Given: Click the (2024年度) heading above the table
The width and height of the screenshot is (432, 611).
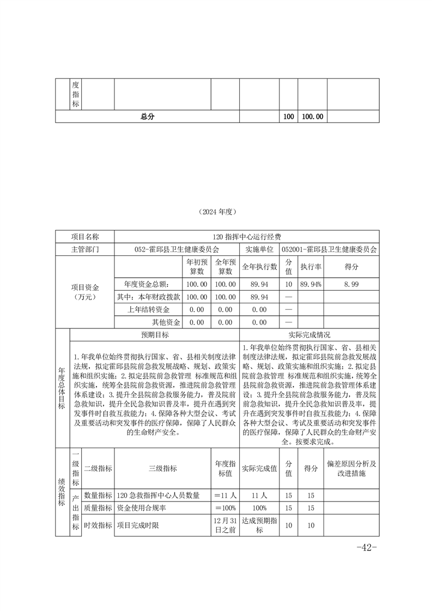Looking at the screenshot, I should pyautogui.click(x=217, y=212).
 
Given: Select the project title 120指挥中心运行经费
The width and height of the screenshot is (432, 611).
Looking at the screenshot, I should pyautogui.click(x=247, y=237).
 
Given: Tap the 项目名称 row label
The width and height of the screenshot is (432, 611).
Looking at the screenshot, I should pyautogui.click(x=85, y=237).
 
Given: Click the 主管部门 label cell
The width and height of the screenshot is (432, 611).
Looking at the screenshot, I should pyautogui.click(x=85, y=249).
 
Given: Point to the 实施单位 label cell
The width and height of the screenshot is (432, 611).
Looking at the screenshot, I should pyautogui.click(x=259, y=249).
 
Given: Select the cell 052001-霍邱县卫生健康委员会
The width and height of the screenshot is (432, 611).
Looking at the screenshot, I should pyautogui.click(x=330, y=249).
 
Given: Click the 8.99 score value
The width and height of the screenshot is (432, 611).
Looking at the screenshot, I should pyautogui.click(x=351, y=284).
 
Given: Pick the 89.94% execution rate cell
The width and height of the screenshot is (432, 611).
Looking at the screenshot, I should pyautogui.click(x=311, y=284).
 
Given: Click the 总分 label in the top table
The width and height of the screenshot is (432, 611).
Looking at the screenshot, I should pyautogui.click(x=147, y=117).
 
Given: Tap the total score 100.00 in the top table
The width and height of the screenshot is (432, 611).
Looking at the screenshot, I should pyautogui.click(x=312, y=117).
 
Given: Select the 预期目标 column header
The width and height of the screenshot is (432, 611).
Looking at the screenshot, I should pyautogui.click(x=155, y=335).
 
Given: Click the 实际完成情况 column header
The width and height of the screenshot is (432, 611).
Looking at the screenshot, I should pyautogui.click(x=309, y=335).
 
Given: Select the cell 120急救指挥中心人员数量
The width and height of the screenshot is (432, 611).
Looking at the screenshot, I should pyautogui.click(x=159, y=496).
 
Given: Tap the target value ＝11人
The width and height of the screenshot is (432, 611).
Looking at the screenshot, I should pyautogui.click(x=224, y=496).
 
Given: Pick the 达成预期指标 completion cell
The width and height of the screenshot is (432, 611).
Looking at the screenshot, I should pyautogui.click(x=259, y=526).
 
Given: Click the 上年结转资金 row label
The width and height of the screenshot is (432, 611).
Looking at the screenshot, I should pyautogui.click(x=148, y=309).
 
